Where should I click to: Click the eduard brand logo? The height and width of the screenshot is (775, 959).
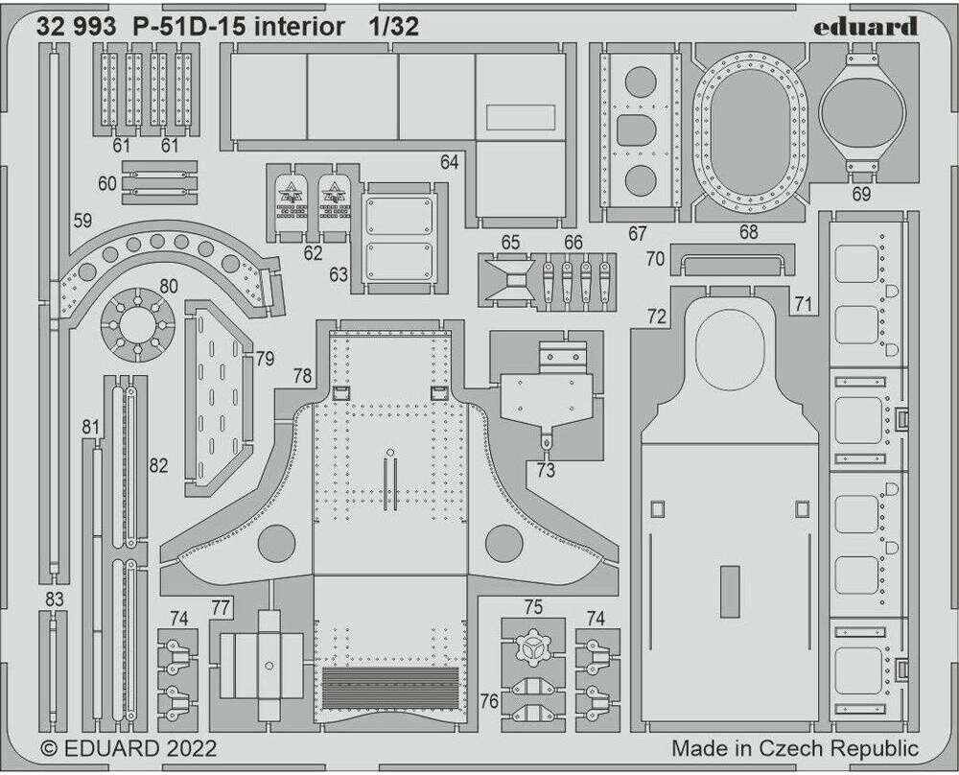click(x=865, y=27)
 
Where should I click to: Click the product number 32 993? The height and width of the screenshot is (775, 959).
click(x=72, y=27)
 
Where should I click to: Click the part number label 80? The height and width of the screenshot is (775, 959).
click(x=169, y=285)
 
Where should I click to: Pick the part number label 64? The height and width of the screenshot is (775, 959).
click(x=450, y=162)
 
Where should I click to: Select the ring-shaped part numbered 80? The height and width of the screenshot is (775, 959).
click(x=138, y=324)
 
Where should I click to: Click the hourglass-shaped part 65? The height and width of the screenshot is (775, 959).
click(x=509, y=279)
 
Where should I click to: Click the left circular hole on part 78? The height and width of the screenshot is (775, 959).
click(x=275, y=544)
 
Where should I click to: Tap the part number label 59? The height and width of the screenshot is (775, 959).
click(x=82, y=221)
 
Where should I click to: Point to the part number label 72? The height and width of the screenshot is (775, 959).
click(x=657, y=316)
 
